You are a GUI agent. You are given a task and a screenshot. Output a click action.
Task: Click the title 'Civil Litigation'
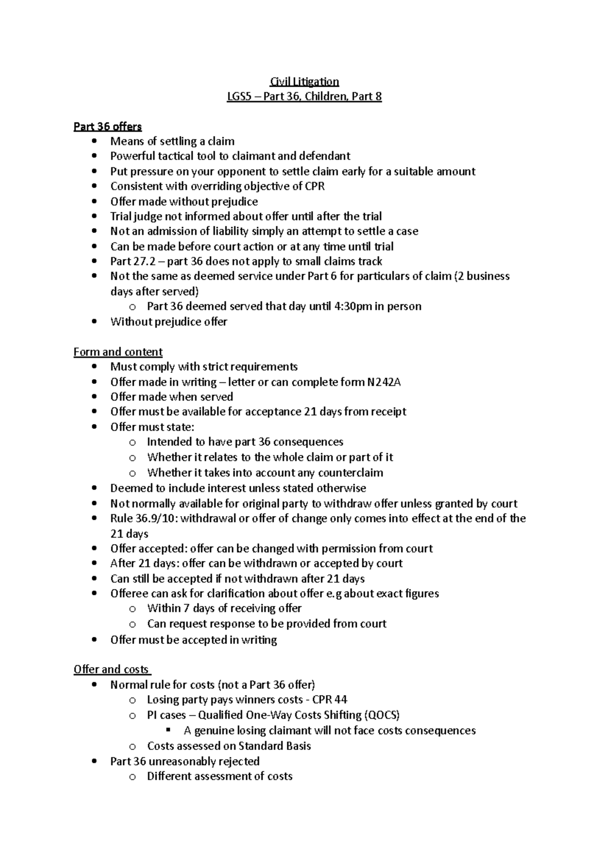pyautogui.click(x=304, y=81)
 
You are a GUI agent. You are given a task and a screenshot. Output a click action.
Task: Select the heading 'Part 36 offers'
pyautogui.click(x=107, y=126)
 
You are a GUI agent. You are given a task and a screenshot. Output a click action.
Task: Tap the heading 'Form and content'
pyautogui.click(x=118, y=352)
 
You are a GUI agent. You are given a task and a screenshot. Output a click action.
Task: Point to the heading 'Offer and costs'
pyautogui.click(x=111, y=669)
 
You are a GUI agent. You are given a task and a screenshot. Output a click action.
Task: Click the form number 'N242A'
pyautogui.click(x=384, y=382)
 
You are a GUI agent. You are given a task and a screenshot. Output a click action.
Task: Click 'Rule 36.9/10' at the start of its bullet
pyautogui.click(x=140, y=518)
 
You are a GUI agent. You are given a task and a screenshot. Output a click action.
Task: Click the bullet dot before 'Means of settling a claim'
pyautogui.click(x=94, y=141)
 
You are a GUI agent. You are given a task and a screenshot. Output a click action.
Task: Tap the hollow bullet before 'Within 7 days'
pyautogui.click(x=132, y=609)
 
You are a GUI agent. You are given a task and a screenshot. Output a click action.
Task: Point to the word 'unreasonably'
pyautogui.click(x=182, y=761)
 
